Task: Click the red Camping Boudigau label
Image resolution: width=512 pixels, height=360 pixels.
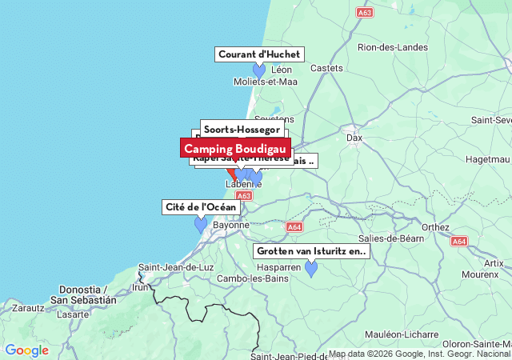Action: point(235,149)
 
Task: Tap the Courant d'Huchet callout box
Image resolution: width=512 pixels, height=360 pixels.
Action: point(259,54)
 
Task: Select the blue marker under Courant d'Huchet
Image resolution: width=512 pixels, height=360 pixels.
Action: point(259,70)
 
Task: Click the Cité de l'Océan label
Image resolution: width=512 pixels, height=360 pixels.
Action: point(201,207)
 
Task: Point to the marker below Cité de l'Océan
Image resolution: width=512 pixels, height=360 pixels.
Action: point(201,224)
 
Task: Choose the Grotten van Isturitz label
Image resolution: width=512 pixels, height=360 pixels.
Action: point(311,251)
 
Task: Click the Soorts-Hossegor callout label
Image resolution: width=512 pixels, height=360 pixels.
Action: point(242,129)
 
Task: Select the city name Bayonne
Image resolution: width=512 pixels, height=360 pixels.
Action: point(231,226)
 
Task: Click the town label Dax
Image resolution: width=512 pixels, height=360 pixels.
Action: point(354,138)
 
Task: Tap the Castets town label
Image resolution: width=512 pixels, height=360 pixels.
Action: point(326,69)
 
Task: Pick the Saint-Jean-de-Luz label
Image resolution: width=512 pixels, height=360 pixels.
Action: point(176,267)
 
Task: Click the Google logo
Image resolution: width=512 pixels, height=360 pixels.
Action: point(26,350)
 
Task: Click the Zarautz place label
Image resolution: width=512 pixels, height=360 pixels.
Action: point(28,306)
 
